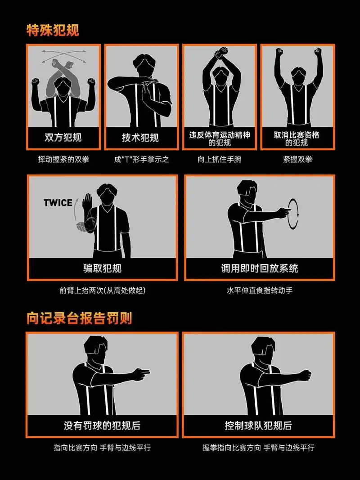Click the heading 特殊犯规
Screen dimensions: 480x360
[53, 30]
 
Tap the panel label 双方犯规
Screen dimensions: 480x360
[63, 137]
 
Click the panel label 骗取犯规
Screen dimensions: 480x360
[102, 269]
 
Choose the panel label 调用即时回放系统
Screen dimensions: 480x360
[259, 269]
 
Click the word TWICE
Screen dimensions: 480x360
[58, 202]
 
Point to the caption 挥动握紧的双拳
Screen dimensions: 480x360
[63, 159]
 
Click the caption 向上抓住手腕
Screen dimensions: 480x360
[219, 159]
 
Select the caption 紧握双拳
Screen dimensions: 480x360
[297, 159]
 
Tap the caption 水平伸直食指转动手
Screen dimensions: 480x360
[259, 290]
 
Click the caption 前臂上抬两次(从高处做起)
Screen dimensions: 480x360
[102, 290]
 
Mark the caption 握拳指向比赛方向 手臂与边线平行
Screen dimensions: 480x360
[258, 448]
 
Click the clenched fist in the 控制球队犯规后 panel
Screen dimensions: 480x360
[305, 374]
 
